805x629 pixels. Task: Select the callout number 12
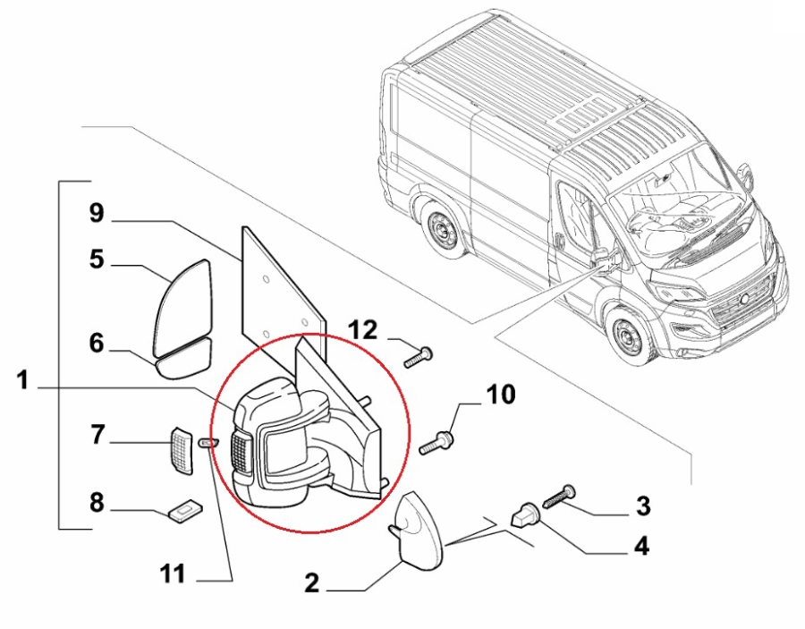[x=364, y=329]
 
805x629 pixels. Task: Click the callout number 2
[x=311, y=583]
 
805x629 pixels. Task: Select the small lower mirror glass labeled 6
[x=184, y=359]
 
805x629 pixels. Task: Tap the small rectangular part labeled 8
[x=185, y=510]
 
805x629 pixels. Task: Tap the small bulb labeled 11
[x=210, y=443]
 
